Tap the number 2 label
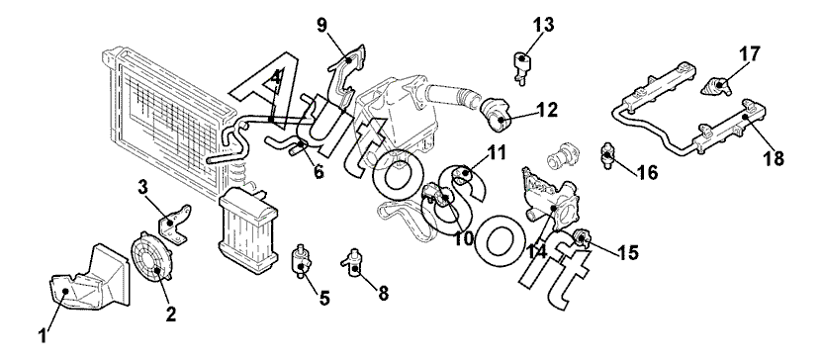(171, 314)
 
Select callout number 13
(544, 24)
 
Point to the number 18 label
(775, 157)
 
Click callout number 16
(648, 172)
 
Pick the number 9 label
(321, 24)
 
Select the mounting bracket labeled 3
(174, 225)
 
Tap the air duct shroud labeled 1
(89, 278)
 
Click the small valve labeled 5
(301, 260)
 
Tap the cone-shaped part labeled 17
(716, 86)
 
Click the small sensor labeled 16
(607, 154)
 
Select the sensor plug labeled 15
(583, 239)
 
